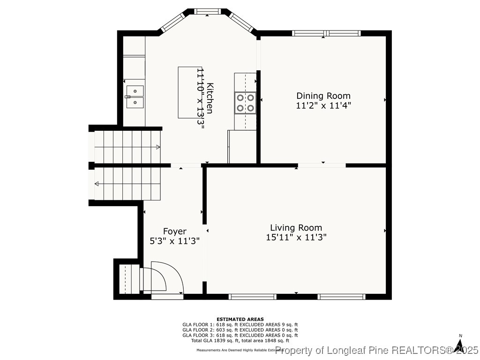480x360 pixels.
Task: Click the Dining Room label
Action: point(323,96)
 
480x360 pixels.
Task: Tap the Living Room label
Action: point(296,228)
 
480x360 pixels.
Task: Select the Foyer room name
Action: point(174,231)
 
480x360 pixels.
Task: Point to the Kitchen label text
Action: point(210,98)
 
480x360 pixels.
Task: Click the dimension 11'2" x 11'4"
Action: point(323,105)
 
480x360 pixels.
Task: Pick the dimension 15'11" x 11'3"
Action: point(296,237)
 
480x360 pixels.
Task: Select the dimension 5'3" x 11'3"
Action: point(174,240)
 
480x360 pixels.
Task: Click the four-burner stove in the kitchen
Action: point(246,103)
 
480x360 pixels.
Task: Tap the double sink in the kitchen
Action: point(135,96)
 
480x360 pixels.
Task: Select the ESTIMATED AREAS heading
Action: point(240,319)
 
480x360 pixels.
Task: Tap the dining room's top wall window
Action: point(326,33)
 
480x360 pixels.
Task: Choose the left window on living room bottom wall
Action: point(252,296)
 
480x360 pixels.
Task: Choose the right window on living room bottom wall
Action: point(341,296)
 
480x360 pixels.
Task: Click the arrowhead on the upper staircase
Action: point(157,147)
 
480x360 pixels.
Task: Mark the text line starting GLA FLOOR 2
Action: point(240,330)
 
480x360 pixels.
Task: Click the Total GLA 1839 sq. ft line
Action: point(240,341)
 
